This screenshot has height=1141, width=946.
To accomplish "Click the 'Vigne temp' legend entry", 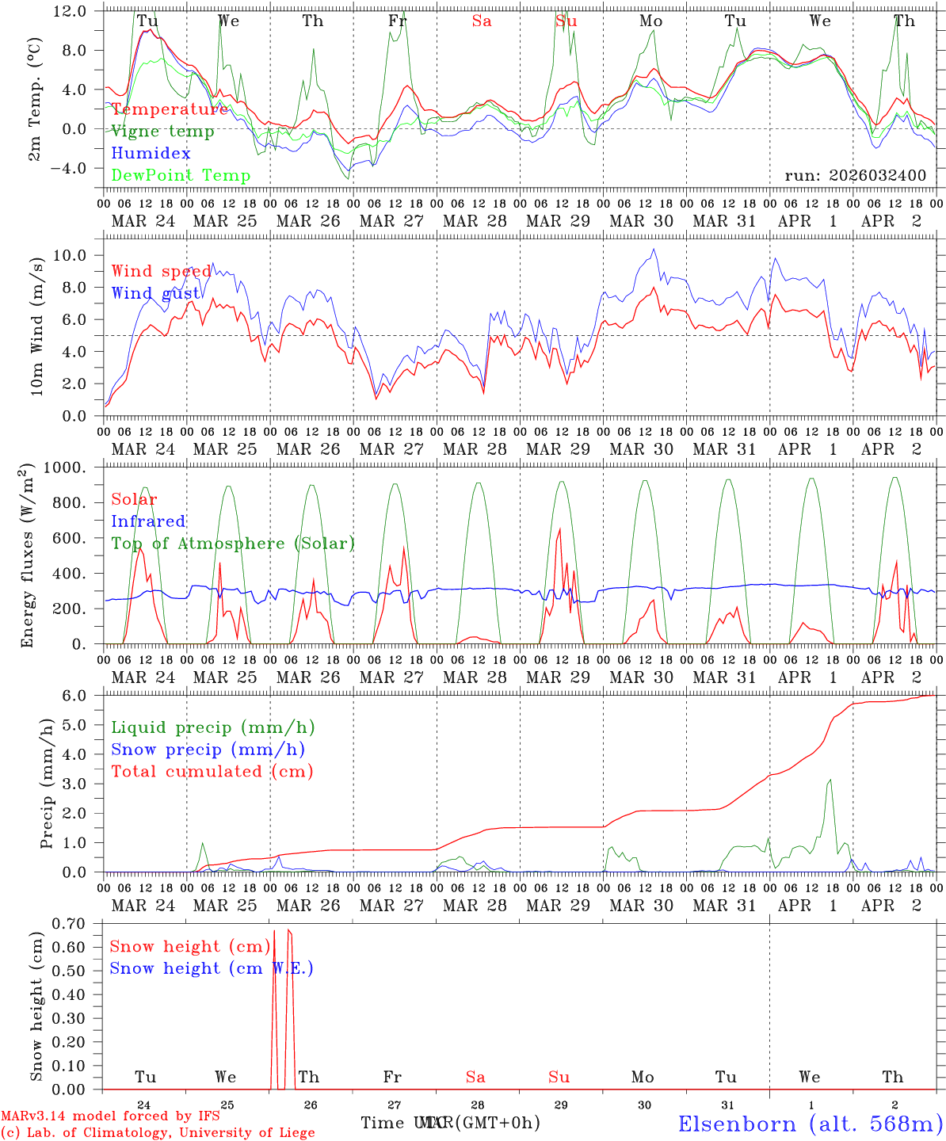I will tap(162, 132).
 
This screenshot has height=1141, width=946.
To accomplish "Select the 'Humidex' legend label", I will tap(151, 154).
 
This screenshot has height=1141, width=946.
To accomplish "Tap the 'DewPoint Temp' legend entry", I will tap(181, 176).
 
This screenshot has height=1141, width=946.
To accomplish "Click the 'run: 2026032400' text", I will tap(855, 176).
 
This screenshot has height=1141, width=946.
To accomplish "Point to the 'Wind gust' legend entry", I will tap(155, 293).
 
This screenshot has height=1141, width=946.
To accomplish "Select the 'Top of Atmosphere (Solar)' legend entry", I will tap(233, 544).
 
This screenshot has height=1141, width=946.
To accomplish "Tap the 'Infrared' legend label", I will tap(148, 521).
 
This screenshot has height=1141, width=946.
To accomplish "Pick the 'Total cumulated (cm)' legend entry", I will tap(212, 772).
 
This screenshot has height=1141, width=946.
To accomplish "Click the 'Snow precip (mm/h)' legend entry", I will tap(208, 750).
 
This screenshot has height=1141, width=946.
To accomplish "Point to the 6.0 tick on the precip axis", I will tap(84, 696).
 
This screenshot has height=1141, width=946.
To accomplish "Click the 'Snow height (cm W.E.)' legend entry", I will tap(212, 968).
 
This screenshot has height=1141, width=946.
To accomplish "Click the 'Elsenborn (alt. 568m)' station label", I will tap(810, 1124).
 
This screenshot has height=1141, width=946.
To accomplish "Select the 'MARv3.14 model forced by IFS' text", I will tap(110, 1116).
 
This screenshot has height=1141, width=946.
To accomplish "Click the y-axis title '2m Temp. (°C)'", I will tap(35, 98).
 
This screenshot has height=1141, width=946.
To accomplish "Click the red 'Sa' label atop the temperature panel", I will tap(482, 21).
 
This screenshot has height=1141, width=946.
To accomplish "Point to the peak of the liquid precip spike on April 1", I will tap(830, 780).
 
